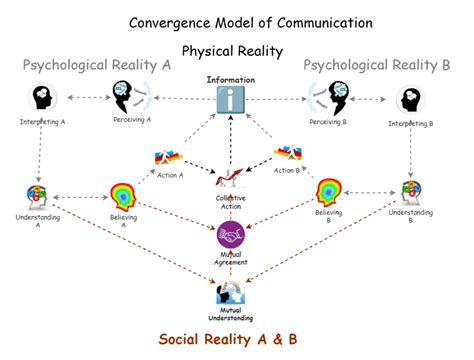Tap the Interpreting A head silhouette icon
pyautogui.click(x=43, y=99)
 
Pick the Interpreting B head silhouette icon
pyautogui.click(x=409, y=100)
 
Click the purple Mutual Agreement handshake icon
pyautogui.click(x=232, y=234)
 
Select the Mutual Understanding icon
pyautogui.click(x=232, y=292)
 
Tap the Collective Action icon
pyautogui.click(x=231, y=179)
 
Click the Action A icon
pyautogui.click(x=167, y=157)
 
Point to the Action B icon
pyautogui.click(x=290, y=154)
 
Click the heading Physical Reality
pyautogui.click(x=232, y=49)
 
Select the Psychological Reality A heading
pyautogui.click(x=97, y=65)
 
